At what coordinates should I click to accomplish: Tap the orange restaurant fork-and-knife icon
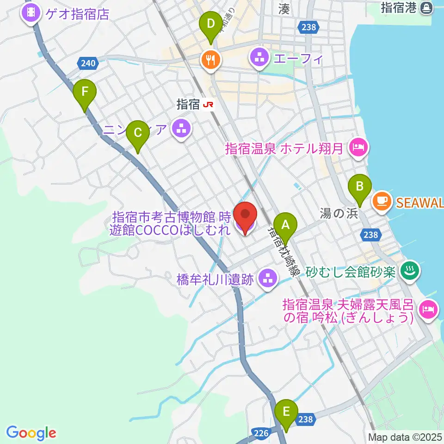click(x=210, y=59)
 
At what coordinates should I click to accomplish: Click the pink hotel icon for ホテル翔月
click(x=358, y=148)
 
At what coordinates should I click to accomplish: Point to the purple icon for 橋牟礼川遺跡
click(x=268, y=278)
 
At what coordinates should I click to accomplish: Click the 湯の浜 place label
click(x=333, y=213)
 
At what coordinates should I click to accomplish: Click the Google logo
click(x=31, y=433)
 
